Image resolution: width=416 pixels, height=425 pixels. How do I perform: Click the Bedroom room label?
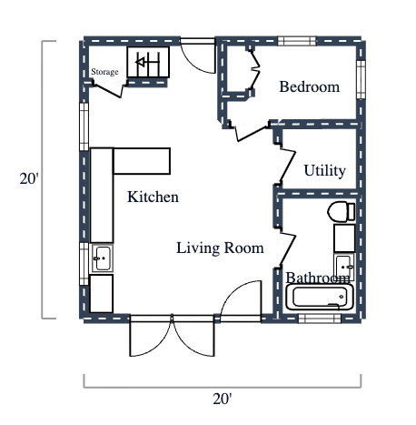[309, 87]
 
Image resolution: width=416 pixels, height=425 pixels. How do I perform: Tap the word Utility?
[324, 170]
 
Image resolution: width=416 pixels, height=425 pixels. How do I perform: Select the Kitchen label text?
[153, 197]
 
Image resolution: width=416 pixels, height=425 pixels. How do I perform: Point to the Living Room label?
[220, 248]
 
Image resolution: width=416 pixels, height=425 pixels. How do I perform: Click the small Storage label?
[104, 71]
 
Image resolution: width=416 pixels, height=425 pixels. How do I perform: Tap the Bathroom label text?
[318, 278]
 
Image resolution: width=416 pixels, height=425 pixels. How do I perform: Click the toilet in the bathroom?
[341, 212]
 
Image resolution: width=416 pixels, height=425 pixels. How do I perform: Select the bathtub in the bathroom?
[319, 298]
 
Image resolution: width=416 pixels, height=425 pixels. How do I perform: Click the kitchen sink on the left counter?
[102, 258]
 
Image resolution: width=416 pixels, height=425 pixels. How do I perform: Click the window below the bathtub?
[315, 318]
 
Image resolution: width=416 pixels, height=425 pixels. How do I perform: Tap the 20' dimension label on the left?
[29, 179]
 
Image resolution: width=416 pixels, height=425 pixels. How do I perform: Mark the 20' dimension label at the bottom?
[222, 399]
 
